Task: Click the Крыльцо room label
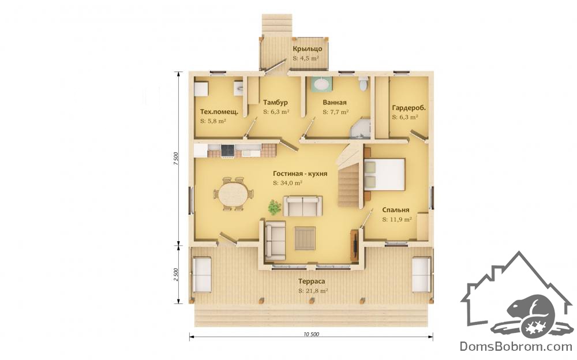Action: tap(308, 49)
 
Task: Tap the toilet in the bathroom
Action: tap(364, 84)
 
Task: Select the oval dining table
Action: tap(234, 194)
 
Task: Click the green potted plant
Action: tap(273, 207)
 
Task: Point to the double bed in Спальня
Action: tap(384, 174)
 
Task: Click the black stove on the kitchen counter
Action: tap(227, 151)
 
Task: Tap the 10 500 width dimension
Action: tap(312, 335)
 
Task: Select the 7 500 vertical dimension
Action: tap(175, 158)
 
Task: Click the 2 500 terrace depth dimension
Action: tap(175, 275)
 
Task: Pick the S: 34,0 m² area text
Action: tap(287, 182)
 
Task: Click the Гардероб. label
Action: tap(409, 108)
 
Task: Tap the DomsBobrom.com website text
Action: tap(516, 346)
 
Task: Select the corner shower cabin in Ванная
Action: tap(361, 128)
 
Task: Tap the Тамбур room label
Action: tap(275, 102)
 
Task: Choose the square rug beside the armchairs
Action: tap(305, 238)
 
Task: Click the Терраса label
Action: tap(312, 281)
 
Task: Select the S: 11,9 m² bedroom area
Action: tap(397, 219)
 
